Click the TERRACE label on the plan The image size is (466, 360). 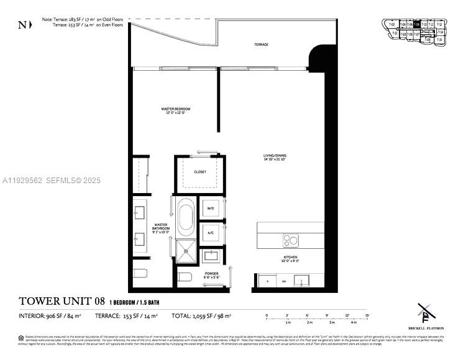[x=261, y=45]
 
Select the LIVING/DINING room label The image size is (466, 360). [x=274, y=157]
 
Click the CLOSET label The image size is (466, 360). [x=199, y=172]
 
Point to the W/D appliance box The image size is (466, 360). [x=211, y=209]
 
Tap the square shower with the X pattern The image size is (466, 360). [x=186, y=251]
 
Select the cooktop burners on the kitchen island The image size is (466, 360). [x=290, y=239]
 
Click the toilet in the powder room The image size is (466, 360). [x=185, y=277]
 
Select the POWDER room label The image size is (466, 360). [x=211, y=275]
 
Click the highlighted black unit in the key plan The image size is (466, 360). [x=417, y=25]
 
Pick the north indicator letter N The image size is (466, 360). [x=22, y=25]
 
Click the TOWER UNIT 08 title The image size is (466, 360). [x=61, y=302]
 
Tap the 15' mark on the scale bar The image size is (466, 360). [x=367, y=316]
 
